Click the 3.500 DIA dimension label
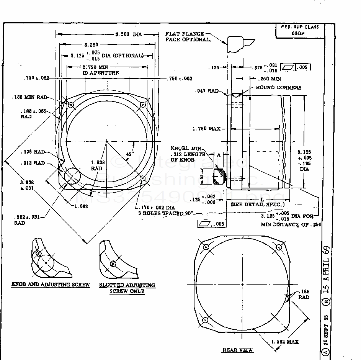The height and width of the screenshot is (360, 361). pos(129,34)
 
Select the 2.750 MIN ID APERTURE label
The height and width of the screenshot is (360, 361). pos(101,70)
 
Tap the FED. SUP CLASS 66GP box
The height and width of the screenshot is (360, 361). pos(300,30)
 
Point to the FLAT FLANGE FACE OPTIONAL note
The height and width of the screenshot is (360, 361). pos(188,37)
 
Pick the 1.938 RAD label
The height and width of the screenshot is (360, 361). pos(96,165)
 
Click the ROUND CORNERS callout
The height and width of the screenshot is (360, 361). pos(279,88)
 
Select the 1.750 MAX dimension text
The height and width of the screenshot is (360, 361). pos(209,129)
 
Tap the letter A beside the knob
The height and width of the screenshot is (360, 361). pos(219,155)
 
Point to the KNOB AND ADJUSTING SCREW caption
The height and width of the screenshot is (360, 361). pos(51,285)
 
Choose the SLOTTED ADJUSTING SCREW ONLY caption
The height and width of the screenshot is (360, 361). pos(127,288)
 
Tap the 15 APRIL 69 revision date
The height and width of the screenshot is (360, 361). pos(326,268)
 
